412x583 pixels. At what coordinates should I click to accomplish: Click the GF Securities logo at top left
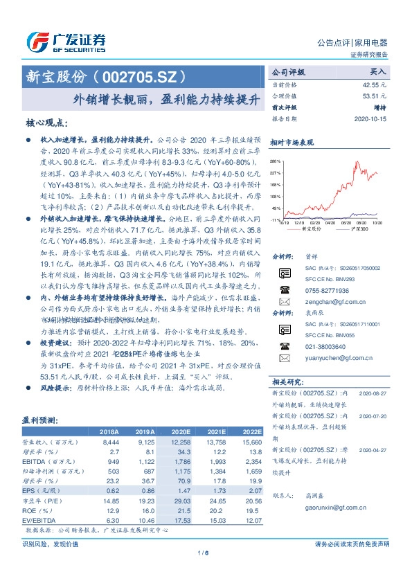tap(66, 42)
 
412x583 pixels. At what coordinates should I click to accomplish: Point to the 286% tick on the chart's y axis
tap(276, 161)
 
